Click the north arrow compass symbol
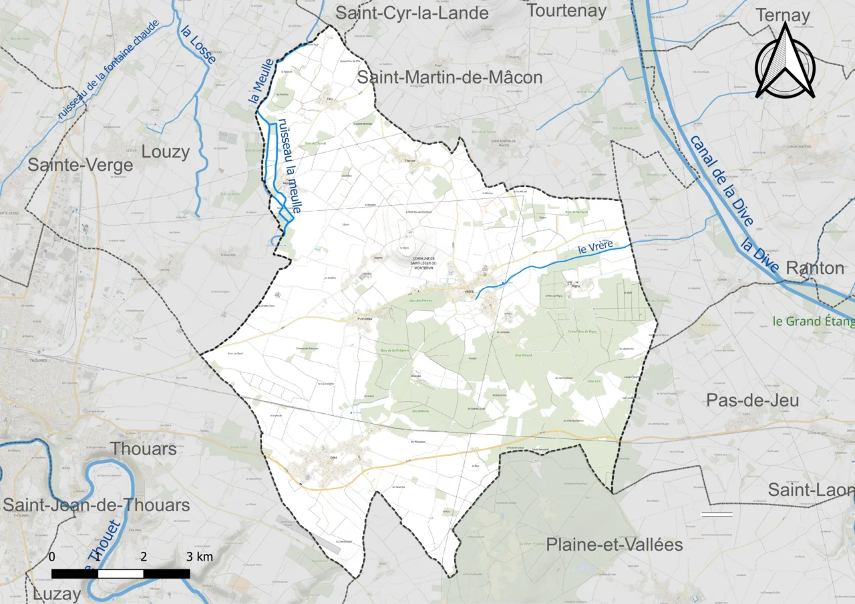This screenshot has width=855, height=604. [x=785, y=61]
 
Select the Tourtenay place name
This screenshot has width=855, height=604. [x=566, y=10]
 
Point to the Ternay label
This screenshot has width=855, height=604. [x=782, y=15]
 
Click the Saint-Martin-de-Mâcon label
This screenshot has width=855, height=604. [x=450, y=77]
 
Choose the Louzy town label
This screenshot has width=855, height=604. [x=165, y=152]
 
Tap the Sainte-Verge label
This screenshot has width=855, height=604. [x=80, y=165]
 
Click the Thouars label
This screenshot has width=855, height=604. [x=144, y=448]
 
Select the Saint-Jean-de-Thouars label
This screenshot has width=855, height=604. [x=96, y=505]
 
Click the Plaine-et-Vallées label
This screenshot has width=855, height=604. [x=615, y=545]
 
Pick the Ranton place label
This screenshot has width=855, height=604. [x=815, y=268]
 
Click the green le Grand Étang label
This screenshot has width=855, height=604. [x=813, y=322]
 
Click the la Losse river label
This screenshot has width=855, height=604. [x=198, y=44]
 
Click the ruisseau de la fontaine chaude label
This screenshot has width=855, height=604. [x=108, y=70]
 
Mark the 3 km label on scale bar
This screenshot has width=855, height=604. [x=200, y=557]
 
